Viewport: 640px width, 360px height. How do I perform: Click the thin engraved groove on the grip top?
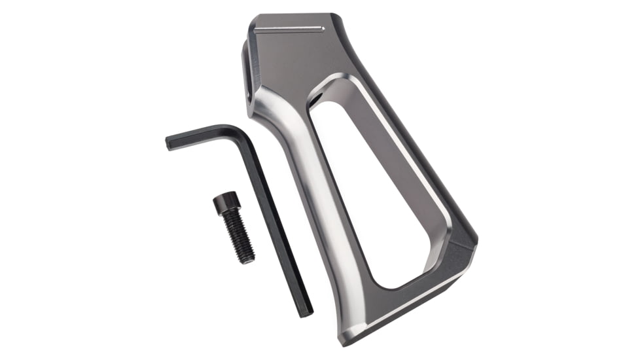tap(289, 29)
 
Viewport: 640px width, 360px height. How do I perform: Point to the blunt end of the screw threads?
tap(249, 260)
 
